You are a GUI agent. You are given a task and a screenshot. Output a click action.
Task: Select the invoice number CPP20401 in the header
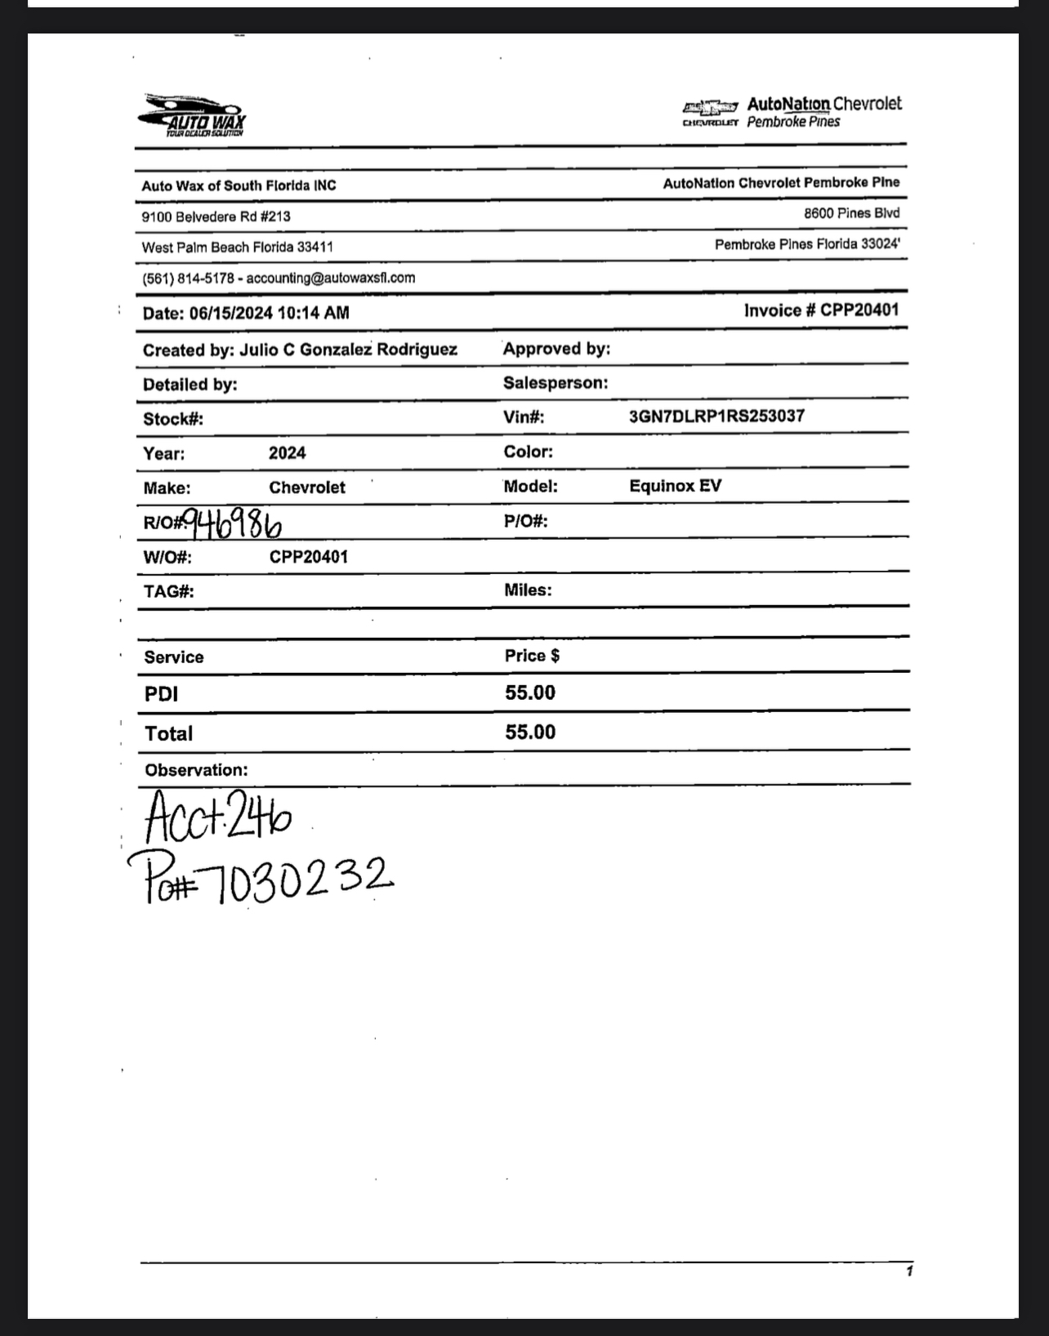[x=859, y=310]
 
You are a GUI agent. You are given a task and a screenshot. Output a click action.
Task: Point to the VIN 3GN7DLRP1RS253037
[x=716, y=416]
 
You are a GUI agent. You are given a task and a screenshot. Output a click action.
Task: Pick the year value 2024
[x=288, y=453]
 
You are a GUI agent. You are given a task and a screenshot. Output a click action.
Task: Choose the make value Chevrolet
[x=307, y=488]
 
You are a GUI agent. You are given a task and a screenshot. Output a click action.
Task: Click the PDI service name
[x=161, y=694]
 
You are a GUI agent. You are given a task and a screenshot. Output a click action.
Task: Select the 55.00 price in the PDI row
[x=530, y=693]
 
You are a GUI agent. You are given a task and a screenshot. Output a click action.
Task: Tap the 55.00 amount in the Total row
[x=530, y=733]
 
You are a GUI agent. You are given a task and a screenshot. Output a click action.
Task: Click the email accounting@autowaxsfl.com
[x=331, y=278]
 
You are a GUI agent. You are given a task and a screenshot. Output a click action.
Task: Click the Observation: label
[x=196, y=770]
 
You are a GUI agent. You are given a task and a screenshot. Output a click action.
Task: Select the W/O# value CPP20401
[x=309, y=557]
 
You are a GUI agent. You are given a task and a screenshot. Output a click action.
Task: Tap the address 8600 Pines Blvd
[x=851, y=214]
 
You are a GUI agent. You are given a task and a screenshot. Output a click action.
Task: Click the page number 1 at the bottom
[x=908, y=1271]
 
